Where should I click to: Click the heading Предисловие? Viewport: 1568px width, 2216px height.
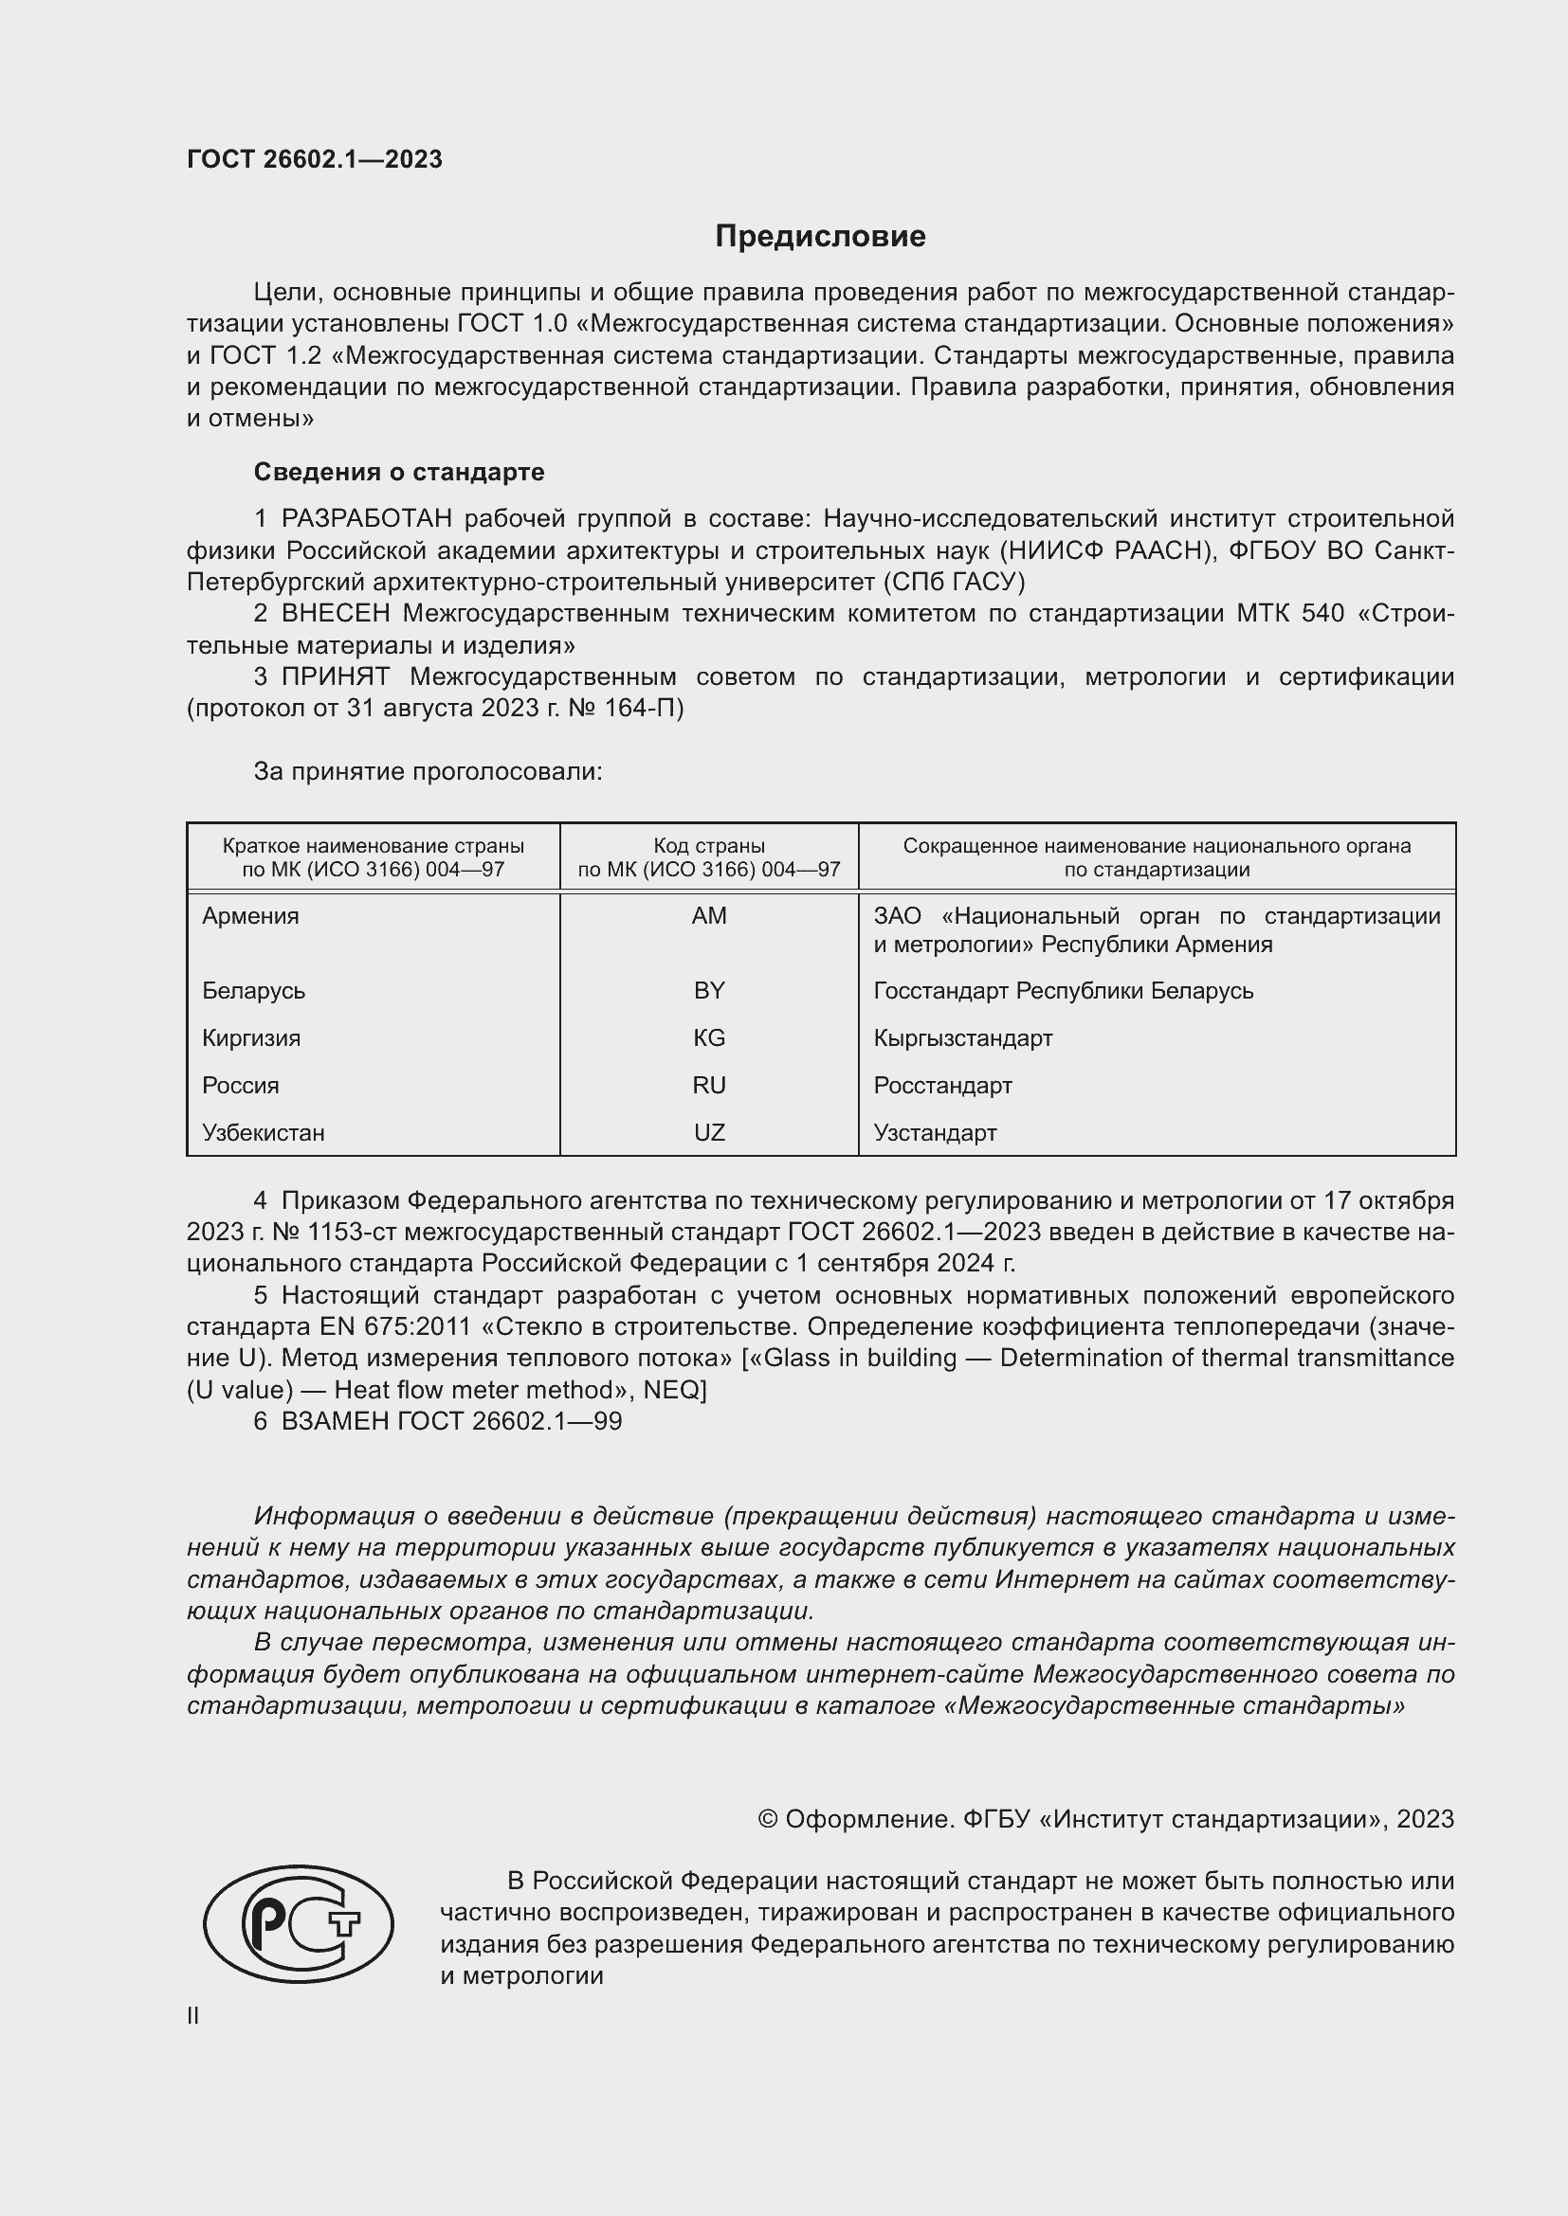click(x=820, y=237)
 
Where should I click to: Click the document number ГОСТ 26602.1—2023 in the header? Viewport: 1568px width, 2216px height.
click(x=315, y=159)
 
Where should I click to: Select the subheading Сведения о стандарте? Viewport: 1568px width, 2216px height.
click(x=399, y=472)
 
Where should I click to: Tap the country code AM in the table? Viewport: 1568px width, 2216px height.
click(x=709, y=916)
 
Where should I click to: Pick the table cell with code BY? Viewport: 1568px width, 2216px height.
click(x=709, y=990)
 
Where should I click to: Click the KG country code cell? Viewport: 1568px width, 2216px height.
click(x=709, y=1037)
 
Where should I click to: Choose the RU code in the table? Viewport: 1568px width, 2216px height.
click(x=709, y=1085)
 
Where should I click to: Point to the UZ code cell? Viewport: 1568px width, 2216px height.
click(x=709, y=1132)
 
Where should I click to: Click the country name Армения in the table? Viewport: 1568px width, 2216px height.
click(x=251, y=916)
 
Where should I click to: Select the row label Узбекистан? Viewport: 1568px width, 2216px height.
click(x=264, y=1132)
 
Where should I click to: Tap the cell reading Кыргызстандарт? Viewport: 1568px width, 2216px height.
click(x=962, y=1037)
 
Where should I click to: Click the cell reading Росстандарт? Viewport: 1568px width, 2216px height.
click(x=942, y=1085)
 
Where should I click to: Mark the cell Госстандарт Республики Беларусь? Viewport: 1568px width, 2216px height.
click(x=1063, y=990)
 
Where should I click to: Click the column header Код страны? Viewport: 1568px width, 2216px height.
click(x=709, y=846)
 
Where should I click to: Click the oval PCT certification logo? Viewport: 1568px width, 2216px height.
click(x=299, y=1923)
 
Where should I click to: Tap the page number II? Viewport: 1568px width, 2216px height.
click(x=193, y=2015)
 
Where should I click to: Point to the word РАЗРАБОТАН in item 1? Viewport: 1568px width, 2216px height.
click(x=367, y=519)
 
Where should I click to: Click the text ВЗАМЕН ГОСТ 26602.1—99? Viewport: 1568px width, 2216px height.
click(x=451, y=1421)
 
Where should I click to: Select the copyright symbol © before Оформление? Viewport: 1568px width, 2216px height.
click(x=768, y=1819)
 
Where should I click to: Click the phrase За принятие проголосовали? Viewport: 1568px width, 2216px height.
click(x=428, y=771)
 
